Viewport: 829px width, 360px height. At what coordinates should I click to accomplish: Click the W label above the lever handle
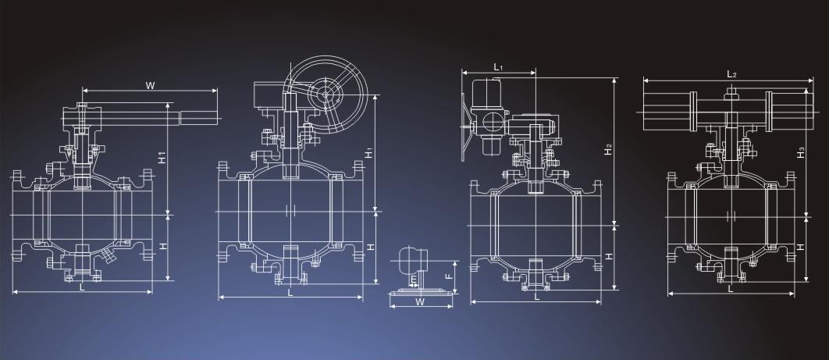pos(150,84)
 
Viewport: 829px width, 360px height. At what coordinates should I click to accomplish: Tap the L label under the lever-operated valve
pos(82,287)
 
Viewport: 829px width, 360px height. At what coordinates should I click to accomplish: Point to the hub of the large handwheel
pos(326,94)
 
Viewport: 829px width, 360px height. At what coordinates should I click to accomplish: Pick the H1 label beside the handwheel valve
pos(369,152)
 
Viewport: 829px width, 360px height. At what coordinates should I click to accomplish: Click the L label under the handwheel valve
pos(290,293)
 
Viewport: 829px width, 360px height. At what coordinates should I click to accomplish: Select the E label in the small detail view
pos(413,279)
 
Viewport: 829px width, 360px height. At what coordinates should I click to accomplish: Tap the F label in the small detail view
pos(448,276)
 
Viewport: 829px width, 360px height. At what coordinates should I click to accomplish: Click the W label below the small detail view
pos(420,302)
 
